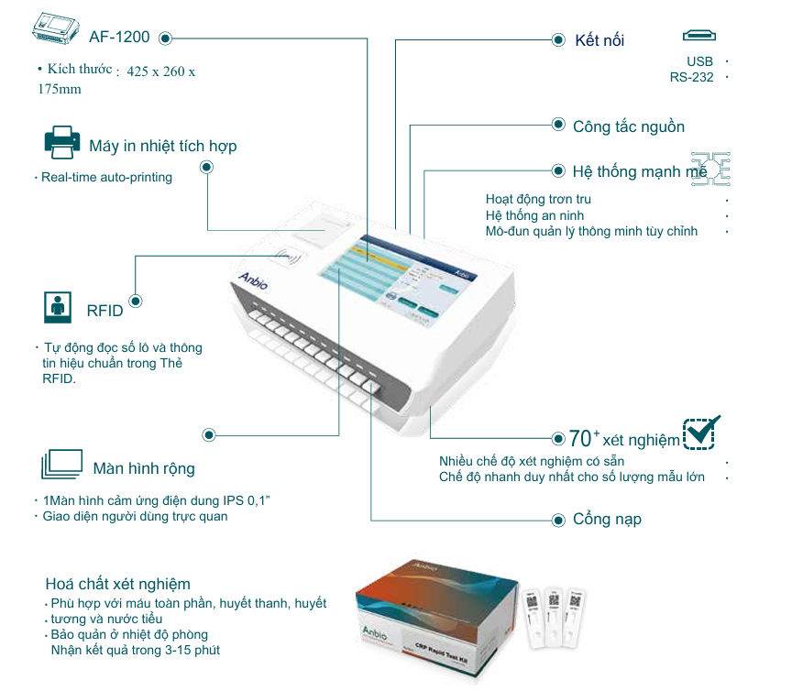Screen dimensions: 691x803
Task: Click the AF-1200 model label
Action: click(120, 38)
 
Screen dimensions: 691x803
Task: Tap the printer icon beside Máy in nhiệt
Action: click(62, 143)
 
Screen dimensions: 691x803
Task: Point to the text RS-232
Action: click(691, 77)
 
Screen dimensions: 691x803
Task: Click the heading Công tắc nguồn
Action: click(629, 126)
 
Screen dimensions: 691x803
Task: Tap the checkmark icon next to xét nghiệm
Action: click(701, 433)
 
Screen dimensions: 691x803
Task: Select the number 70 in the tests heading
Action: click(579, 437)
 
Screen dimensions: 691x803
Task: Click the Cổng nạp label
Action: click(607, 519)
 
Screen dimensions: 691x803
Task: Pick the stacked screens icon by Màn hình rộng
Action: click(61, 466)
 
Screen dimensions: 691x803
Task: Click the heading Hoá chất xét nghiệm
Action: click(118, 584)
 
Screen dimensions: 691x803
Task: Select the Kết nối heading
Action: click(599, 40)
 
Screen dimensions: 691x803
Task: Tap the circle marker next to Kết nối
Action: click(558, 40)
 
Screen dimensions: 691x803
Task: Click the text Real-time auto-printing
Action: click(106, 177)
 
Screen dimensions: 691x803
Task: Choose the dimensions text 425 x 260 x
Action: click(161, 71)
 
